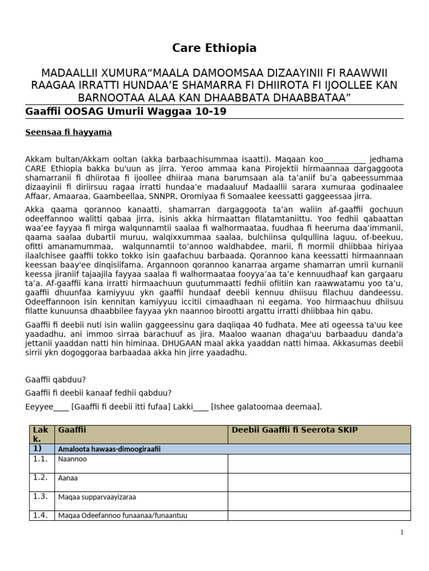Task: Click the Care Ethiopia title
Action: [214, 48]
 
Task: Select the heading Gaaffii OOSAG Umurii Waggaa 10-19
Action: [126, 112]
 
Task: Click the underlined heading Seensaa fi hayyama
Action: [69, 132]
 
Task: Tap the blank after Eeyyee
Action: [61, 407]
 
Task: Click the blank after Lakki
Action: [201, 407]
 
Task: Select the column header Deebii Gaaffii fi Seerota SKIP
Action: [294, 430]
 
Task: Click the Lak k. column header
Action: [41, 434]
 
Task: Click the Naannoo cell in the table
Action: [73, 459]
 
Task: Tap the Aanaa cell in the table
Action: [68, 478]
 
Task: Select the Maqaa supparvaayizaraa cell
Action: [97, 497]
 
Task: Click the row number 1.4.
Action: [41, 515]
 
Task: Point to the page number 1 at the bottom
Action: [402, 533]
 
